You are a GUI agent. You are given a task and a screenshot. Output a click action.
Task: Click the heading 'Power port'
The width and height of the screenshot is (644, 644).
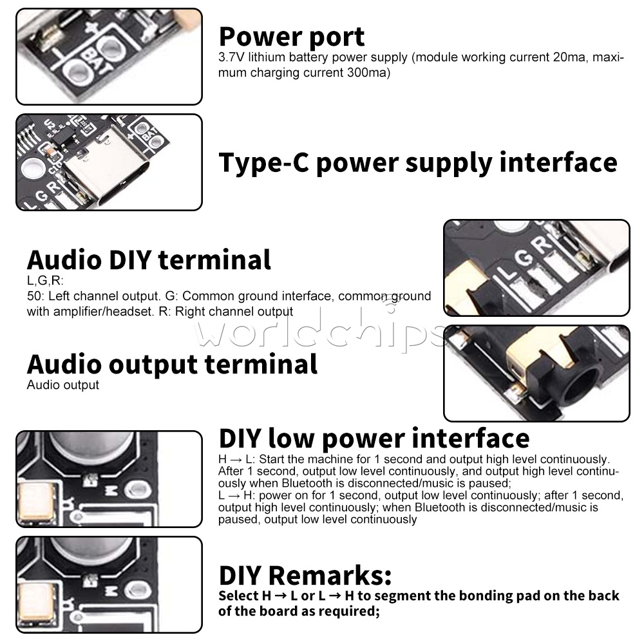[292, 37]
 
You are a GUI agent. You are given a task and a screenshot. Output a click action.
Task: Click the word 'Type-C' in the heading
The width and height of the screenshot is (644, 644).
[262, 162]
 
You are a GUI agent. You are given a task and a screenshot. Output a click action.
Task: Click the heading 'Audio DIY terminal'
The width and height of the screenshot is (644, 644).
[149, 260]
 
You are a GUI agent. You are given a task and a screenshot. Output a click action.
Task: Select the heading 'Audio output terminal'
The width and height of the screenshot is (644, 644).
[172, 364]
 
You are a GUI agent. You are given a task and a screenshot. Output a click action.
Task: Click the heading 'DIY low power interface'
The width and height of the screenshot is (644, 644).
[374, 438]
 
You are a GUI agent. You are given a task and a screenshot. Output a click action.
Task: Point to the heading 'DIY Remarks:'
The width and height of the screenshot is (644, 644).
[305, 574]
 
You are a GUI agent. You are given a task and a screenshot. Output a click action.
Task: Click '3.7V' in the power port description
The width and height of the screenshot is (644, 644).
[230, 58]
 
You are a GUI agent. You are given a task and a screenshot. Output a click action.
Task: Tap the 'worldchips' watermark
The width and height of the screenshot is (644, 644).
[322, 333]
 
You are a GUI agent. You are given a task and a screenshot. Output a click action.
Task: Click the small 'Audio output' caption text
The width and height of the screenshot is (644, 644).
[62, 385]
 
